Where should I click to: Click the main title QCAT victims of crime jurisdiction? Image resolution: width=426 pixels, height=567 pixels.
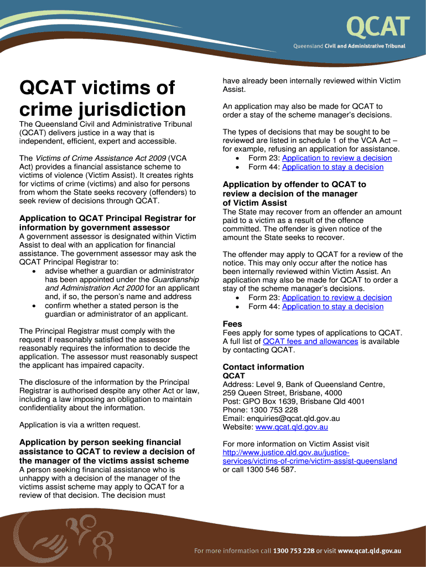tap(102, 98)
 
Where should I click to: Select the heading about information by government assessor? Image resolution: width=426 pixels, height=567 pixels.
tap(107, 223)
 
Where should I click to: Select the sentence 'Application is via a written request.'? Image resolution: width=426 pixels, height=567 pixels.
tap(80, 425)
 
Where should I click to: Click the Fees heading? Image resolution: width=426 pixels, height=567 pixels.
tap(232, 323)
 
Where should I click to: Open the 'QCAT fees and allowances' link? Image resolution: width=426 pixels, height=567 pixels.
tap(310, 341)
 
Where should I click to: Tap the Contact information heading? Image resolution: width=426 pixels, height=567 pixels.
tap(263, 367)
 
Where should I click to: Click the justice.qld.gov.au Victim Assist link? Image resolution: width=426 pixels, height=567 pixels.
tap(309, 457)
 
